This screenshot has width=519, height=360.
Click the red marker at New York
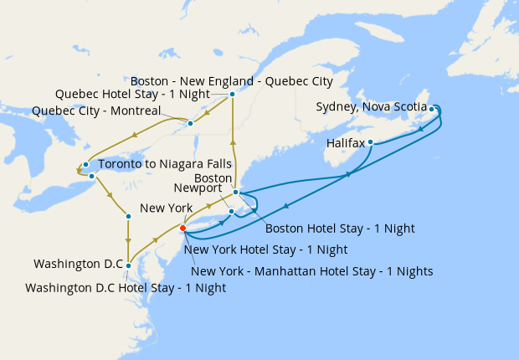(x=183, y=227)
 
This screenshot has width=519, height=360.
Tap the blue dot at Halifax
(x=370, y=142)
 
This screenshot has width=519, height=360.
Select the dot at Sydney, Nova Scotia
(x=432, y=109)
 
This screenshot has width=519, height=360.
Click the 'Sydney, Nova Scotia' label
(x=371, y=107)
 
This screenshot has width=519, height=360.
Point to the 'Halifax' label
(x=345, y=144)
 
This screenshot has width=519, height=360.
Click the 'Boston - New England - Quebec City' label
(x=231, y=81)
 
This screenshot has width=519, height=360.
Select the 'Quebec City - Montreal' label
(x=96, y=111)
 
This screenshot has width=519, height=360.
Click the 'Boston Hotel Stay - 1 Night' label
(x=340, y=228)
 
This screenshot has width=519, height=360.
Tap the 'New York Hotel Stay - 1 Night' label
(x=265, y=249)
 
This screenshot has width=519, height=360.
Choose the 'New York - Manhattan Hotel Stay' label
(x=311, y=270)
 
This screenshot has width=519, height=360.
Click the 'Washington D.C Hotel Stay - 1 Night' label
(x=126, y=287)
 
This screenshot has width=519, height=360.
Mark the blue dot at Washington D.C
(x=128, y=265)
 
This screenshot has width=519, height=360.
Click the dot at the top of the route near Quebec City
(x=232, y=95)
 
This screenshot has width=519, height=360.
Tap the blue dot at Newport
(x=232, y=211)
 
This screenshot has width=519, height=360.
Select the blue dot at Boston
(x=236, y=193)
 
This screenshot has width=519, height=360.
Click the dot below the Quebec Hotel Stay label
(x=191, y=123)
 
